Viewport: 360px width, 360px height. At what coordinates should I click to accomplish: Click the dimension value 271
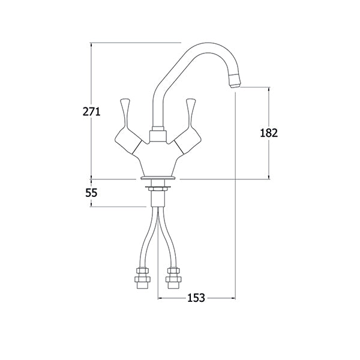point(90,111)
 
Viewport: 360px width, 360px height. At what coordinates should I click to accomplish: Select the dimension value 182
point(269,133)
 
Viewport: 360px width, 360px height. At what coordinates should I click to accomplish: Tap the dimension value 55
point(91,193)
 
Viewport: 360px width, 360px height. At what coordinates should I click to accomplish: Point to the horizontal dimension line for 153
point(180,298)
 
